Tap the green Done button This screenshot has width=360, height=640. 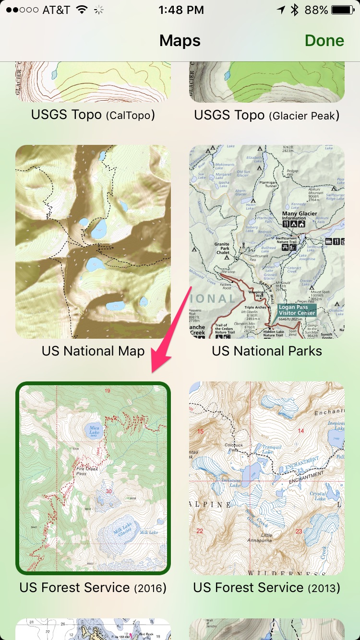pyautogui.click(x=324, y=41)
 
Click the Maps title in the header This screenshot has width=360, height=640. pyautogui.click(x=180, y=41)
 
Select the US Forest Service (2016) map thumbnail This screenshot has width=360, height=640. pyautogui.click(x=93, y=478)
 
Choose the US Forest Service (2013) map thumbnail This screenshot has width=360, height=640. pyautogui.click(x=267, y=478)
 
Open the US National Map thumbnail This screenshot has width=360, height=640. pyautogui.click(x=93, y=242)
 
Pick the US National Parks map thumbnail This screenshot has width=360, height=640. pyautogui.click(x=267, y=242)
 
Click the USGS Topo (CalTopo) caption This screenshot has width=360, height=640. pyautogui.click(x=93, y=115)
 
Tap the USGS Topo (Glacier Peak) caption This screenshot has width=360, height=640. pyautogui.click(x=267, y=115)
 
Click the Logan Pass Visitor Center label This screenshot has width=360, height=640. pyautogui.click(x=296, y=310)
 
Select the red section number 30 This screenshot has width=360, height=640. pyautogui.click(x=108, y=491)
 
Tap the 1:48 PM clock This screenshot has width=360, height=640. pyautogui.click(x=180, y=10)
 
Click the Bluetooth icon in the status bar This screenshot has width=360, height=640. pyautogui.click(x=294, y=10)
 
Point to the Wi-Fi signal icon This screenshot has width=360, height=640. pyautogui.click(x=83, y=10)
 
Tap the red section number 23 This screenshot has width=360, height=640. pyautogui.click(x=299, y=531)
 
